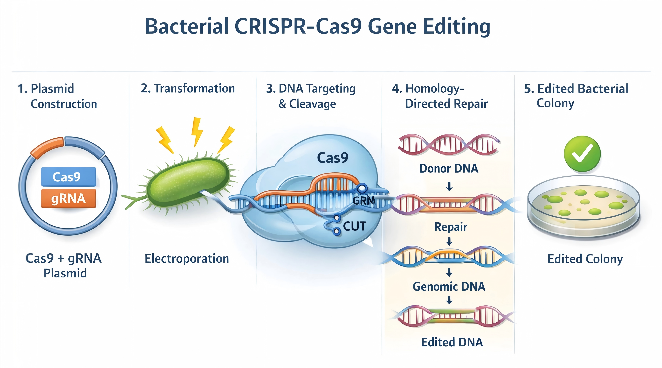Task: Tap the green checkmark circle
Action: [582, 154]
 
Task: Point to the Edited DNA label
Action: [452, 342]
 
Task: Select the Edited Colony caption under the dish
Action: [585, 259]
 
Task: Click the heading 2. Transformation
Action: [188, 89]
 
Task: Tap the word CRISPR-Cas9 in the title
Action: [298, 26]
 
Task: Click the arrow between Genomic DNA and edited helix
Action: [449, 300]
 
